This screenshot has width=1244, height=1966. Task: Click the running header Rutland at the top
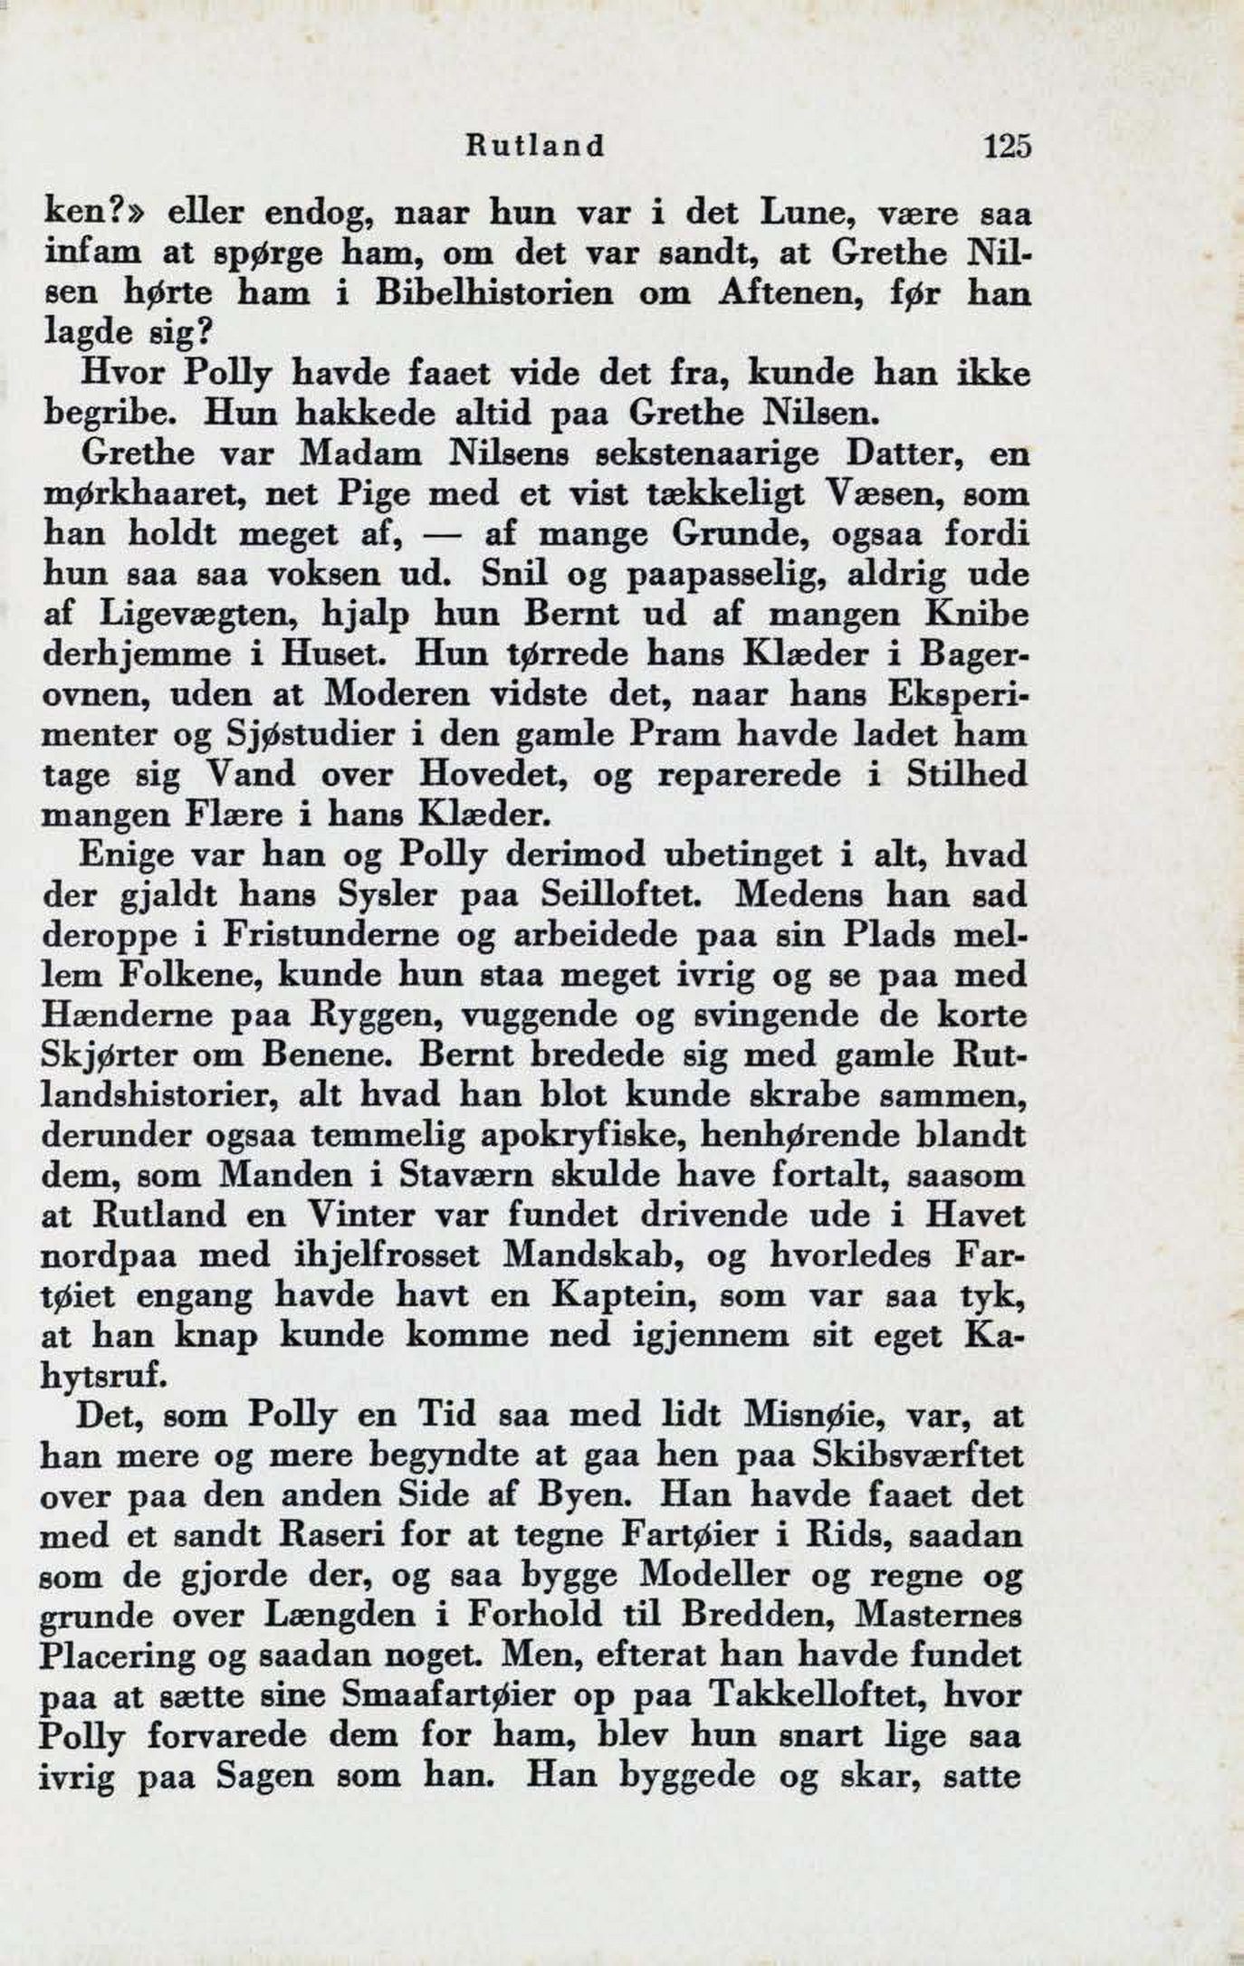[534, 147]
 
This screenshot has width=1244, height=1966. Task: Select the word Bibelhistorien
[480, 294]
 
